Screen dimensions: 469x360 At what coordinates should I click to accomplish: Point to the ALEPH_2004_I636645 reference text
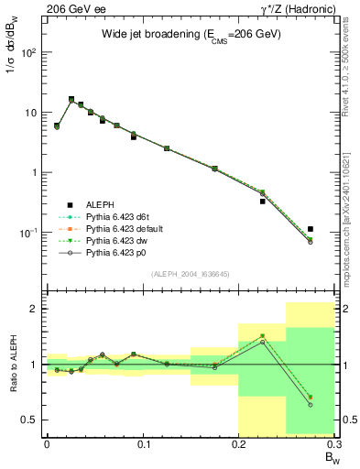pos(191,274)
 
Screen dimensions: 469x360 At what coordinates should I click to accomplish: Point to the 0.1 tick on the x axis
pos(142,444)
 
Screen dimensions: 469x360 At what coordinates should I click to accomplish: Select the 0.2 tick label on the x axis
pos(239,444)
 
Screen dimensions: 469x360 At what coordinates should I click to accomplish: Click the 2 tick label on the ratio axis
pos(35,310)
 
